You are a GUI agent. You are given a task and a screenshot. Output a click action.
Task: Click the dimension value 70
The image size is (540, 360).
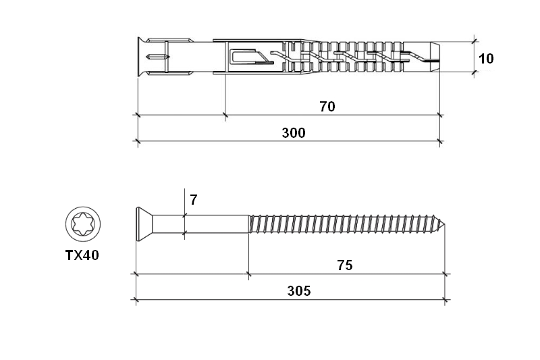(x=327, y=106)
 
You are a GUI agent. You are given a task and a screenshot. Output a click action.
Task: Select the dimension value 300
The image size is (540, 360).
(x=294, y=132)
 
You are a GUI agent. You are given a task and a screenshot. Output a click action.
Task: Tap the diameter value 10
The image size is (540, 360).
(x=486, y=59)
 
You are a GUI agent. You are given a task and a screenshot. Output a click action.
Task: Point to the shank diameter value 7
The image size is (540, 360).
(x=194, y=199)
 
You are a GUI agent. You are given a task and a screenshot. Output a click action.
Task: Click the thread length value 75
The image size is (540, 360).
(x=345, y=265)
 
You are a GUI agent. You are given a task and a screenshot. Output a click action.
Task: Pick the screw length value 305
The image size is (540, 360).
(x=299, y=291)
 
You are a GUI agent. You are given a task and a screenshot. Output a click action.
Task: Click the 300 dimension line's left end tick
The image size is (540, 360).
(x=138, y=142)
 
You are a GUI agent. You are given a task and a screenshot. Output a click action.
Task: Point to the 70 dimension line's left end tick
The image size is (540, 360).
(x=225, y=115)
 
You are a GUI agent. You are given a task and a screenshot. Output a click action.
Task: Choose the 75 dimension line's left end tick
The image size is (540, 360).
(x=248, y=274)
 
